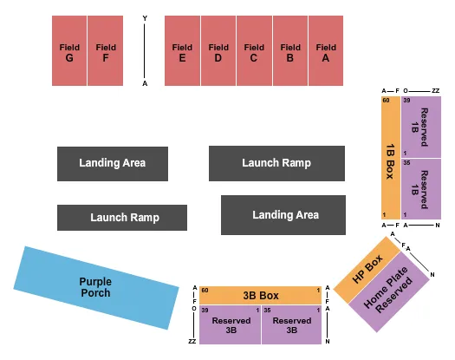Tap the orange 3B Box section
(261, 295)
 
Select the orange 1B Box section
(390, 157)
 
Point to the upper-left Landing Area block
(112, 163)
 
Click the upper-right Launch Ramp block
(276, 163)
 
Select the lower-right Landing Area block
(284, 215)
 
